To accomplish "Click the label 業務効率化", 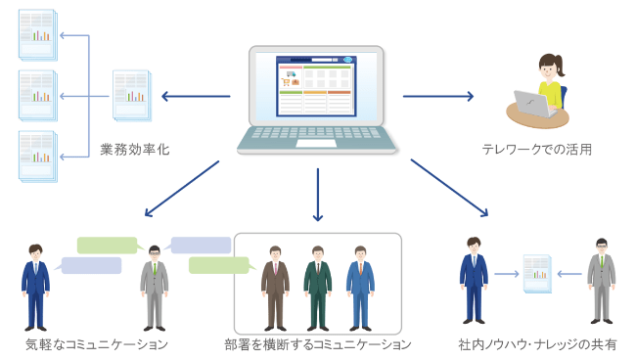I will point(135,151).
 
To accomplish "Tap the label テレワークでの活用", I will point(536,150).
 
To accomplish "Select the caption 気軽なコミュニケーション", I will point(97,344).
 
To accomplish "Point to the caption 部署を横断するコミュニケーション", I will point(317,344).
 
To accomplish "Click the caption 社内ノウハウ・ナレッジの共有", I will point(537,344).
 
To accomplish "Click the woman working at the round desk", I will point(548,82).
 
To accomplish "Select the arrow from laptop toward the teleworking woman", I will point(437,96).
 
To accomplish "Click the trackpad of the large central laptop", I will point(317,143).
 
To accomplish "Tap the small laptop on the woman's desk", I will point(536,103).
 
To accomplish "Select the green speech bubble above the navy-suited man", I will point(107,245).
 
